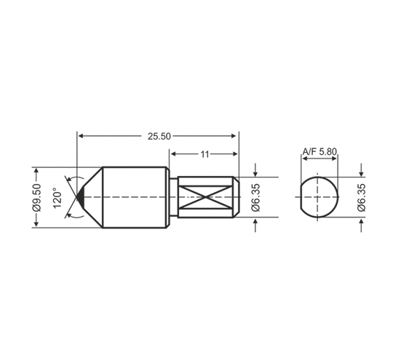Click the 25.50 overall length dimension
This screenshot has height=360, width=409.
[x=159, y=136]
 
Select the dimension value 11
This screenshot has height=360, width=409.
[x=204, y=154]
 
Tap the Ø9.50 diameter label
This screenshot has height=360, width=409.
[x=37, y=197]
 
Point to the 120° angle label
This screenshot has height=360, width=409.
[x=57, y=198]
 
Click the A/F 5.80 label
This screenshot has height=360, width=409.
[x=319, y=151]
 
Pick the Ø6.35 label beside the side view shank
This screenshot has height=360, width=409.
[x=256, y=197]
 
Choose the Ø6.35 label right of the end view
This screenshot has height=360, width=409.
[x=362, y=197]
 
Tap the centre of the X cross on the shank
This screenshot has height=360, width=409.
[x=206, y=197]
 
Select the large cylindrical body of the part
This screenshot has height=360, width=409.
[x=135, y=197]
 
